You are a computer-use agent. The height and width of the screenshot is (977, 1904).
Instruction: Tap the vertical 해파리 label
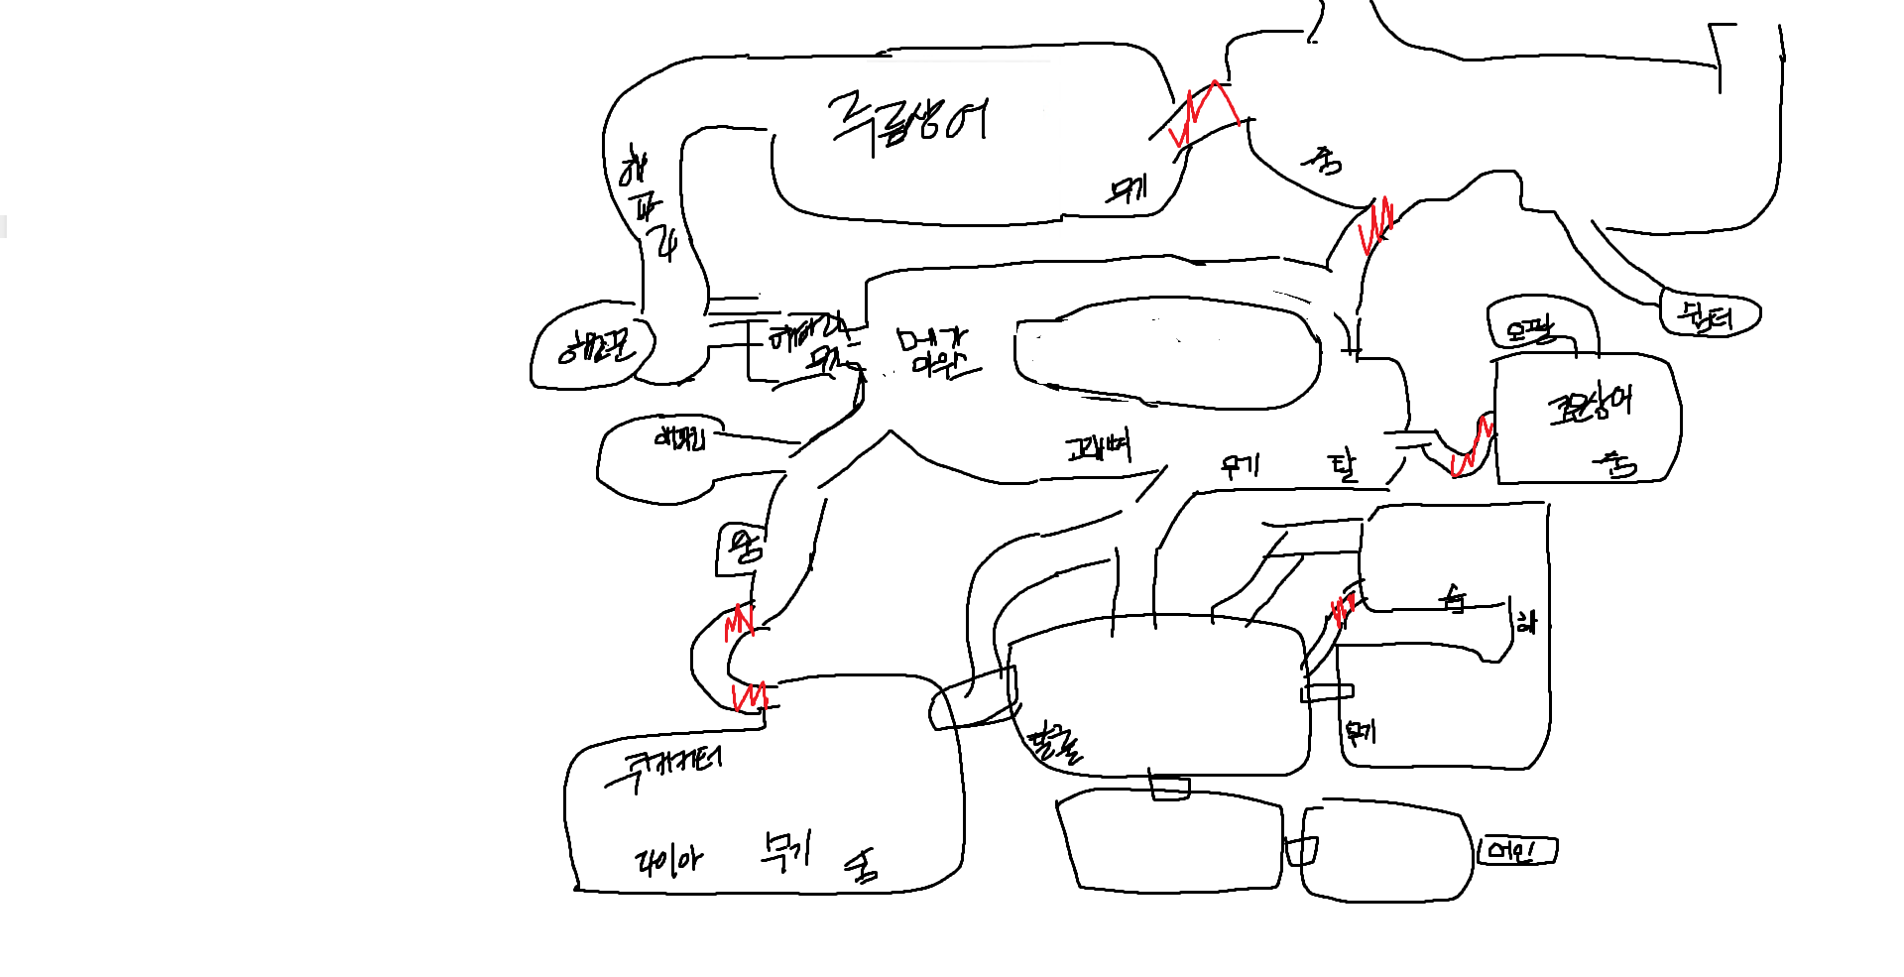click(647, 203)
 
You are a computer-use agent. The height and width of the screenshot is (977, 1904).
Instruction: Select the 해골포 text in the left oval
click(594, 346)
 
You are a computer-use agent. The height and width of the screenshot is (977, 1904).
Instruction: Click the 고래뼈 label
click(1099, 449)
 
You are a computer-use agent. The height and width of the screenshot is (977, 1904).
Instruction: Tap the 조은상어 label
click(1589, 405)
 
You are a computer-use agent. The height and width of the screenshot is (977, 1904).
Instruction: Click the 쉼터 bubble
click(1708, 315)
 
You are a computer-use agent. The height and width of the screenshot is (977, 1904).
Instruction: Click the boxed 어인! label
click(1516, 851)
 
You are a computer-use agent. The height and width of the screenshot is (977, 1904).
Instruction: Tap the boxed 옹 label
click(740, 548)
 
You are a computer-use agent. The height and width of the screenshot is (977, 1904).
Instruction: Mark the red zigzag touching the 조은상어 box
click(1472, 449)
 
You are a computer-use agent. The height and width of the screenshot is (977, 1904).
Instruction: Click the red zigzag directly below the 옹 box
click(740, 623)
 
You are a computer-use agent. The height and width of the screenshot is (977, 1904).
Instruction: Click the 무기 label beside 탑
click(1240, 464)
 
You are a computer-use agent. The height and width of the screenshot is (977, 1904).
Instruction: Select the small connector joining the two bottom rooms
click(1302, 851)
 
